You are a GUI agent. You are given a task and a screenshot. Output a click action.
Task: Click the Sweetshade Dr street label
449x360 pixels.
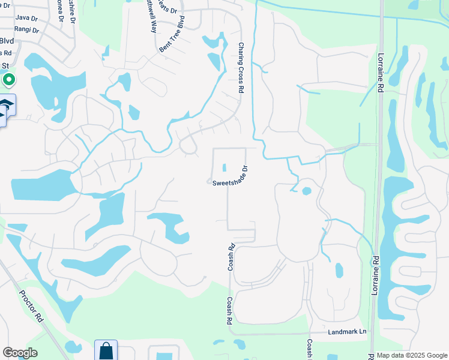pos(230,176)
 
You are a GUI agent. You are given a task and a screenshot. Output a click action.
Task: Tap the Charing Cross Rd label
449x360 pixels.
pos(241,67)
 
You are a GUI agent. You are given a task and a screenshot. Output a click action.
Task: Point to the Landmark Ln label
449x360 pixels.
pos(347,332)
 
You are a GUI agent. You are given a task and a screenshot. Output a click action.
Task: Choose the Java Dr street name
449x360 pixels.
pos(26,18)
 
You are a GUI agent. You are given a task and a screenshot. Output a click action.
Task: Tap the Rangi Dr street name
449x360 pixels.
pos(27,30)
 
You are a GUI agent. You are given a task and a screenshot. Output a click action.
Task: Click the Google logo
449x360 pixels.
pos(20,353)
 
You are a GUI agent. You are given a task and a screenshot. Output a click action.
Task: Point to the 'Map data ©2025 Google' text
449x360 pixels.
pos(408,355)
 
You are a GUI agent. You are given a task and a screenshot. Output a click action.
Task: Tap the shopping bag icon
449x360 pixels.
pos(106,350)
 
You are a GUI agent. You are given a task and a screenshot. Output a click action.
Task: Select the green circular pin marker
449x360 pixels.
pos(8,79)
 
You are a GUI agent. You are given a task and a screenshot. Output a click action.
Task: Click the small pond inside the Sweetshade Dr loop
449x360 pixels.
pos(225,168)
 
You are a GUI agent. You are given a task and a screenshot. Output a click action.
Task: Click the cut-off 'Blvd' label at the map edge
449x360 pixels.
pos(7,41)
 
